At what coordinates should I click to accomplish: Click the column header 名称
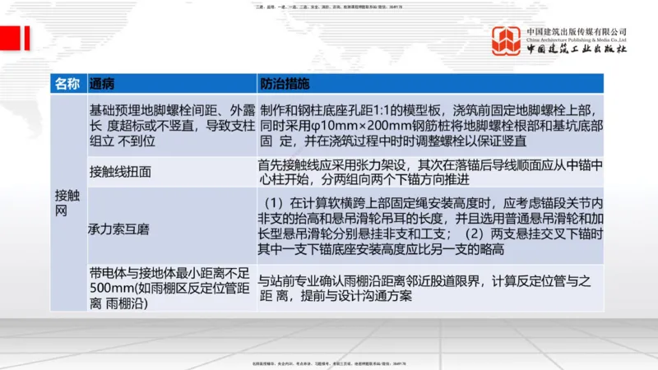(67, 83)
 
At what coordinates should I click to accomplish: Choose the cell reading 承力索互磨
(118, 224)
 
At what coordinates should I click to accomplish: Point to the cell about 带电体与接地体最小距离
(170, 287)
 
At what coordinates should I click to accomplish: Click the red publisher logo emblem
(506, 42)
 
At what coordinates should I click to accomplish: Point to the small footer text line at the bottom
(329, 363)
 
